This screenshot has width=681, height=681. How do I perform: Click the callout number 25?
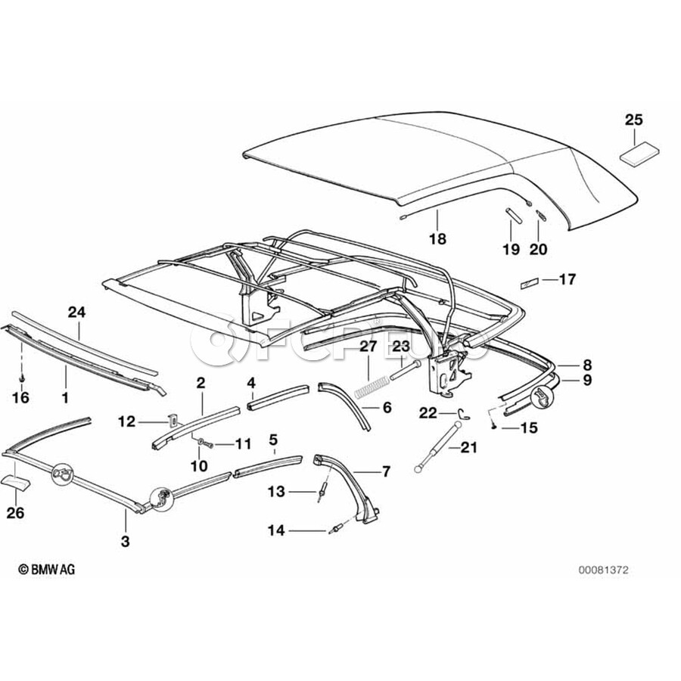(633, 119)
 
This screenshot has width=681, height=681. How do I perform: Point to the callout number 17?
(567, 280)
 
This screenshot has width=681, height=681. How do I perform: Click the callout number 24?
(77, 312)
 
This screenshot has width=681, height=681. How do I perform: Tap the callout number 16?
(23, 396)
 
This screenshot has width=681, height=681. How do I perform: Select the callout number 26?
(15, 513)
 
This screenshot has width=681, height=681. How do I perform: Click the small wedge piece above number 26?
(18, 482)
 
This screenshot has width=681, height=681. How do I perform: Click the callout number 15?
(528, 428)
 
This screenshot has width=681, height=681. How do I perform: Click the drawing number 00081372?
(605, 570)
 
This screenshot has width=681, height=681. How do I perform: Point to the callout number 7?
(385, 472)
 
